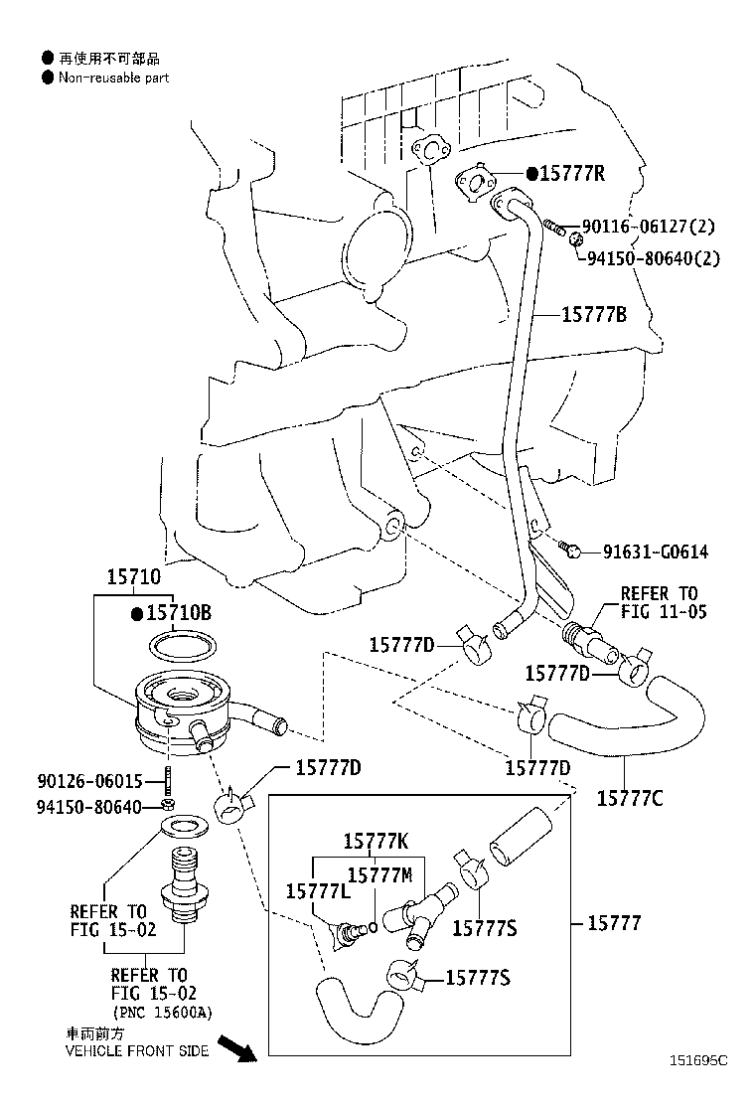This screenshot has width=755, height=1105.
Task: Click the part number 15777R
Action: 572,173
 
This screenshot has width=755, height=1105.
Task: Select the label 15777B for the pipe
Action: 594,314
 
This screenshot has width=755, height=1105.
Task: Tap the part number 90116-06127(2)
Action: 649,227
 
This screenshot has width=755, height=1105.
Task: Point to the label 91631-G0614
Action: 655,552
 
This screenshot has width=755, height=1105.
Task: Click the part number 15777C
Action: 630,799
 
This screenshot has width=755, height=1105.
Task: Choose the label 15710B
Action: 179,613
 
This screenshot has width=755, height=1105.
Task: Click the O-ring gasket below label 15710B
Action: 183,646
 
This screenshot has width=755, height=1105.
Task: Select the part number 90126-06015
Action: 89,781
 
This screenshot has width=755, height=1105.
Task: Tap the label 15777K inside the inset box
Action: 377,841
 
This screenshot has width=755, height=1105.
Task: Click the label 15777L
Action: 318,891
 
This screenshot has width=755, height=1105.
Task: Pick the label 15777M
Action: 380,875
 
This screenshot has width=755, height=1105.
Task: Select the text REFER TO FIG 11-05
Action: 664,602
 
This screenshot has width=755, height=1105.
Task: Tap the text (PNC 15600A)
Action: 163,1013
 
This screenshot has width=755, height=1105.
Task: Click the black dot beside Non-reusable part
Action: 48,78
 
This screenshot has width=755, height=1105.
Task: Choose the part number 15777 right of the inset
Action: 615,922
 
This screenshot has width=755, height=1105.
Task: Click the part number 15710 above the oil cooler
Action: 134,577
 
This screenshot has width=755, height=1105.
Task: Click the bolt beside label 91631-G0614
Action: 570,549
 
